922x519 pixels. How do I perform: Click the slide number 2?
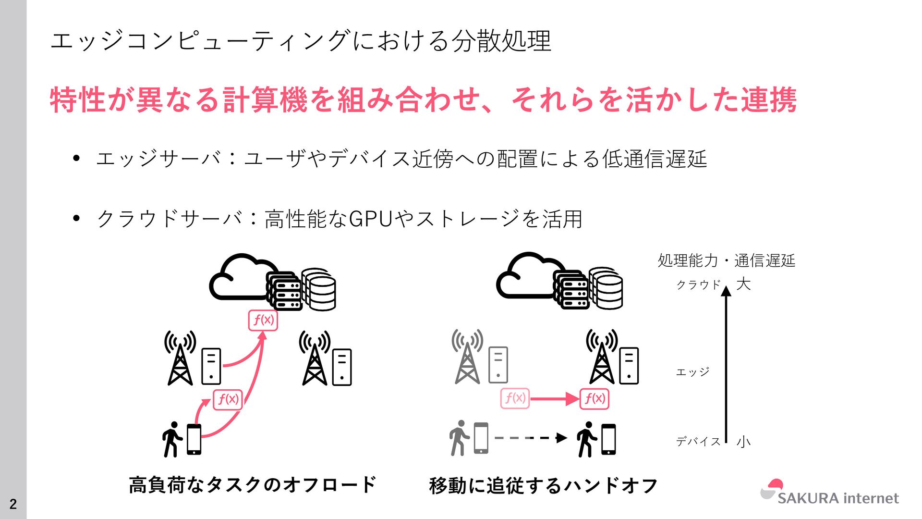click(13, 504)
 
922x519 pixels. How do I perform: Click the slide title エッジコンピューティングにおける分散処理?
click(301, 40)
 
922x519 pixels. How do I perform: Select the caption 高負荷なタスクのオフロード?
click(253, 484)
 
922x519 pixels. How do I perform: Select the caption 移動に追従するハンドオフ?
click(543, 485)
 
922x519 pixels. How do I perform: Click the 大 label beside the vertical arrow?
click(743, 284)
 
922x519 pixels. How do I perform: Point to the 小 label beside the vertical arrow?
click(743, 441)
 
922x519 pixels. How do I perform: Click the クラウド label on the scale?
click(698, 284)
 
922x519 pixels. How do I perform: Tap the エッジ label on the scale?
click(692, 372)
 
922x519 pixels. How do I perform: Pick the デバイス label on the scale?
click(698, 441)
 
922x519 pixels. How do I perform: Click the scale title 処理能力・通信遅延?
click(726, 260)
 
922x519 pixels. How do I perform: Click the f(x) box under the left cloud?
click(263, 320)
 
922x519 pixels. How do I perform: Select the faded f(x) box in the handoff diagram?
click(515, 398)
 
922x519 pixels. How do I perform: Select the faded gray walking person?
click(459, 438)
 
